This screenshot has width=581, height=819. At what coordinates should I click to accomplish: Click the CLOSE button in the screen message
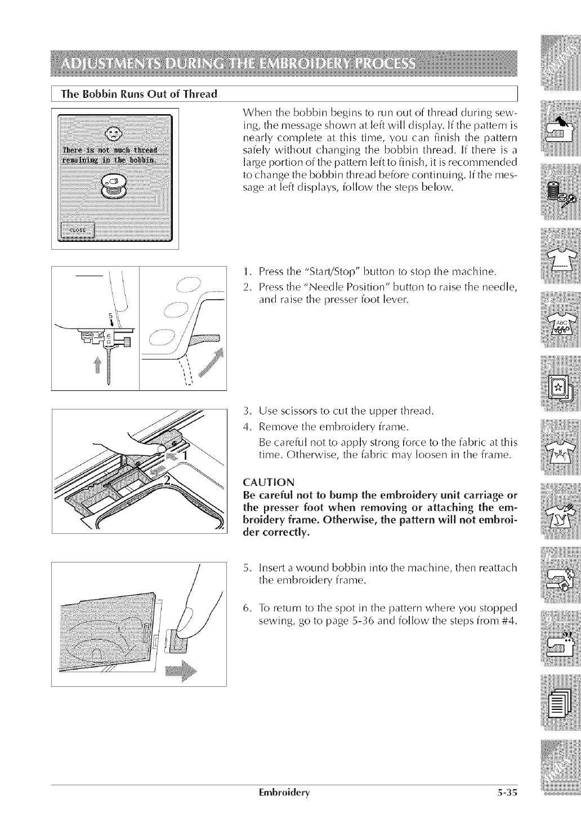(78, 230)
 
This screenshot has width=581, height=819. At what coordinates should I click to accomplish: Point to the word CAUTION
(266, 481)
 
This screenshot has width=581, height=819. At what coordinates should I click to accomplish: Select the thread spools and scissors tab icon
(560, 192)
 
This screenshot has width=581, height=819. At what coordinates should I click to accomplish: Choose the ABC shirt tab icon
(560, 325)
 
